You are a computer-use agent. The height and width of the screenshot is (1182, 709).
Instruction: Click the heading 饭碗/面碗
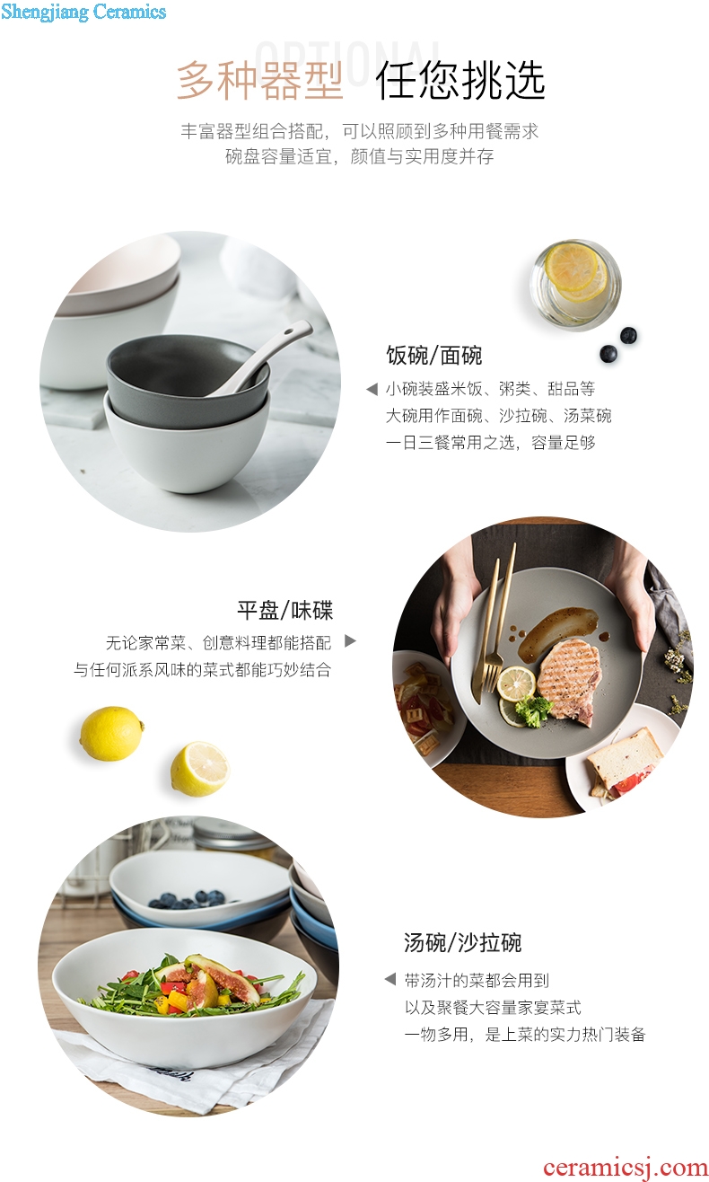[433, 355]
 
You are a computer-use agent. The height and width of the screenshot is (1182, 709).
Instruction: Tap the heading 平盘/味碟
[284, 610]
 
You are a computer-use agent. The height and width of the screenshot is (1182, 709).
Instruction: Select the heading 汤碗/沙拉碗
[462, 942]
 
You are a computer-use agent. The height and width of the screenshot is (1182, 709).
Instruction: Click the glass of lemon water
[575, 284]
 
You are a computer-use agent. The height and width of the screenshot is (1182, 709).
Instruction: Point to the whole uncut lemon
[112, 734]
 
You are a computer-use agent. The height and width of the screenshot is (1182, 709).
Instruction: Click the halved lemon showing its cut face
[199, 769]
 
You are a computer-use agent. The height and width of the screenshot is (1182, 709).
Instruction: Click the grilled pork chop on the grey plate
[569, 681]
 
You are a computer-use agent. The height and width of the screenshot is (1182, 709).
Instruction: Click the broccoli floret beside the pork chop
[533, 710]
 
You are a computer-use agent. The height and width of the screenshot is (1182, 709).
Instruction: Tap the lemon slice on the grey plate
[517, 684]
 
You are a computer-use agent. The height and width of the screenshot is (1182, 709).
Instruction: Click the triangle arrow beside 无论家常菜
[351, 641]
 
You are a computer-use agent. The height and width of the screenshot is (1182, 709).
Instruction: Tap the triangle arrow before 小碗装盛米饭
[372, 390]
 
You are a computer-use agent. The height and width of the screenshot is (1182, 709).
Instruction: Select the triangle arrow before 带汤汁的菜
[390, 979]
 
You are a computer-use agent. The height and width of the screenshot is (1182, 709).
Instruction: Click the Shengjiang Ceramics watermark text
[83, 13]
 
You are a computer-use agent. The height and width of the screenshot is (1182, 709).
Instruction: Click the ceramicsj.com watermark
[626, 1167]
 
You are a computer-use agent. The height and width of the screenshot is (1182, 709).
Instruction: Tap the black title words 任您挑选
[460, 81]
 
